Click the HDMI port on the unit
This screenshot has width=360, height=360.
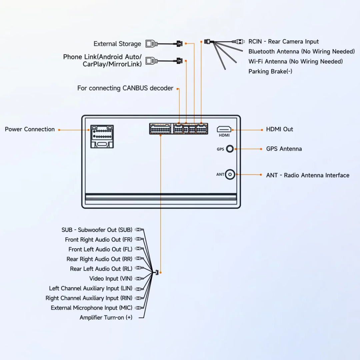click(224, 129)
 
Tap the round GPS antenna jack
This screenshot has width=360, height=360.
click(230, 149)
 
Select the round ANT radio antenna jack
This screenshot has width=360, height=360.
click(230, 175)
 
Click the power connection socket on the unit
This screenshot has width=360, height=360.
click(102, 137)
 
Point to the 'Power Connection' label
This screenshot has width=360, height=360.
click(30, 129)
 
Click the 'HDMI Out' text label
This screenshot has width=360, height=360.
click(279, 129)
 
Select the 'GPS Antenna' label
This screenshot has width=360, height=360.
click(284, 149)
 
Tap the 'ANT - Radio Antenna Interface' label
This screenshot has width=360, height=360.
click(307, 175)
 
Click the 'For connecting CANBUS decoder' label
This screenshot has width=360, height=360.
click(125, 88)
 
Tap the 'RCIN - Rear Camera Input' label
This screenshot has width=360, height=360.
click(283, 42)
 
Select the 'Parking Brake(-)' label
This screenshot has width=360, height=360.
click(270, 72)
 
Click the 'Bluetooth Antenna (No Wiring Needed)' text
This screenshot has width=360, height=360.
click(301, 52)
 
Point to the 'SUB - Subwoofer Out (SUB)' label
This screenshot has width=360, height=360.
click(97, 230)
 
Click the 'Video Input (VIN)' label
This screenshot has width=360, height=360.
click(111, 279)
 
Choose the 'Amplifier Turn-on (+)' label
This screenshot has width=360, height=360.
click(106, 318)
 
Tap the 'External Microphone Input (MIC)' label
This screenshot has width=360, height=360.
click(91, 308)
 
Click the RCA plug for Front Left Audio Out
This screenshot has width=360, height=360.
click(139, 249)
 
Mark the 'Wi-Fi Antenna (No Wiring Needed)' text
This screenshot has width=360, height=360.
click(295, 62)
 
